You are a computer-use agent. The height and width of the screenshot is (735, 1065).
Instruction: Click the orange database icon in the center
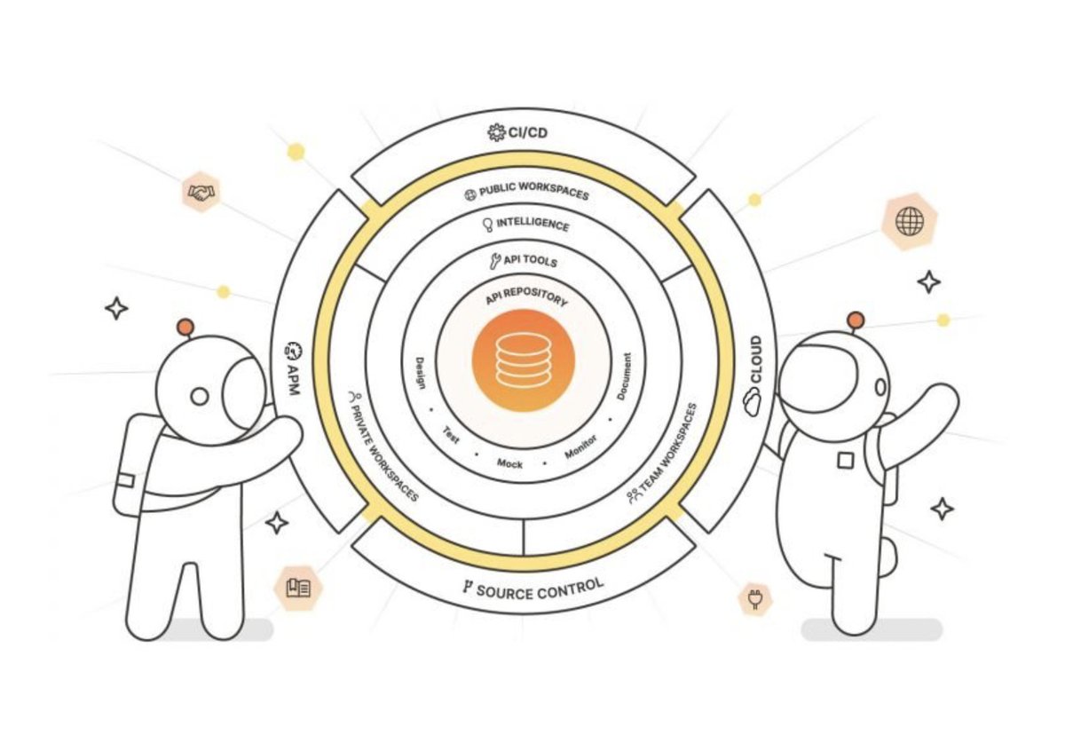(x=524, y=360)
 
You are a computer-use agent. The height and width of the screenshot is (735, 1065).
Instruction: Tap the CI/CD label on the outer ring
(x=524, y=134)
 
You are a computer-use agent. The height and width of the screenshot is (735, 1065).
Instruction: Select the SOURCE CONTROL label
(x=532, y=588)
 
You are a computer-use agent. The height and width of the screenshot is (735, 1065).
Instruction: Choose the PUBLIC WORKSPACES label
(x=526, y=193)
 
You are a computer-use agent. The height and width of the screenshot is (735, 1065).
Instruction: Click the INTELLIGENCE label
(x=526, y=225)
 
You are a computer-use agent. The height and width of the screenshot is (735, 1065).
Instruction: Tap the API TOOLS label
(x=524, y=262)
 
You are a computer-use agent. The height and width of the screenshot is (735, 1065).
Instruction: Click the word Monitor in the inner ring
(x=581, y=446)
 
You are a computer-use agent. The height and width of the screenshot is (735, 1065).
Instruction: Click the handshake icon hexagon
(x=202, y=192)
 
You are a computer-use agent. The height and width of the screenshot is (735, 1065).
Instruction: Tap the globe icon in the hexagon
(x=909, y=221)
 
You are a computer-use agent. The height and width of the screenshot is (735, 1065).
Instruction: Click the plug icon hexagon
(x=755, y=599)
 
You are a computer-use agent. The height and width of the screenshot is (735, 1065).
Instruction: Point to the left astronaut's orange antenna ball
(x=185, y=328)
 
